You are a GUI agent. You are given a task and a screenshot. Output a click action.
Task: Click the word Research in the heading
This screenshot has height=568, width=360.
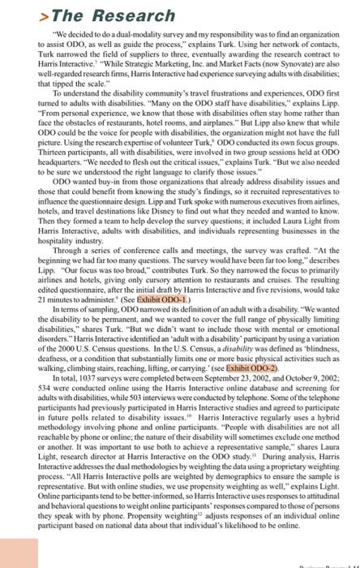[134, 16]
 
